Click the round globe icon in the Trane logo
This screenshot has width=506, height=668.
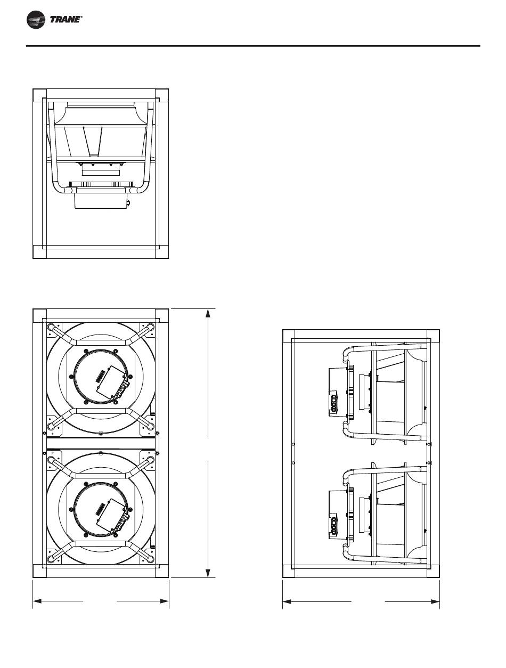[36, 20]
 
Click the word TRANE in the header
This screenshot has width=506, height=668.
[66, 20]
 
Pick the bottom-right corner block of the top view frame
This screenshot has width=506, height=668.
[162, 251]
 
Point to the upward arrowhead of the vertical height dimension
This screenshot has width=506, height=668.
[208, 314]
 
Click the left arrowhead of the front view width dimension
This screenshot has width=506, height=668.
[38, 601]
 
